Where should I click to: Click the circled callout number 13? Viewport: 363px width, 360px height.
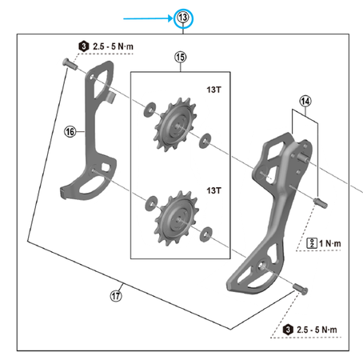(x=183, y=18)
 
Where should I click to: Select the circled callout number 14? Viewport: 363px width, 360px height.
(x=305, y=102)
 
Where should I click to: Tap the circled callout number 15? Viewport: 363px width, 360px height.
(x=181, y=57)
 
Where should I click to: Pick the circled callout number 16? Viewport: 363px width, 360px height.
(x=70, y=131)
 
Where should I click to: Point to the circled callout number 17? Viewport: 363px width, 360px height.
(x=116, y=296)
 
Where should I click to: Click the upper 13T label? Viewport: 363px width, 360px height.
(x=213, y=90)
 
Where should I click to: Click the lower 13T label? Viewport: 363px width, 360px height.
(x=213, y=190)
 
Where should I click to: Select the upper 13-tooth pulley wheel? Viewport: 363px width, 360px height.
(x=175, y=125)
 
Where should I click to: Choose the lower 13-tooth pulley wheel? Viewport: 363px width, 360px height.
(x=176, y=218)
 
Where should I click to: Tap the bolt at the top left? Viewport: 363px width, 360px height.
(x=70, y=64)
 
